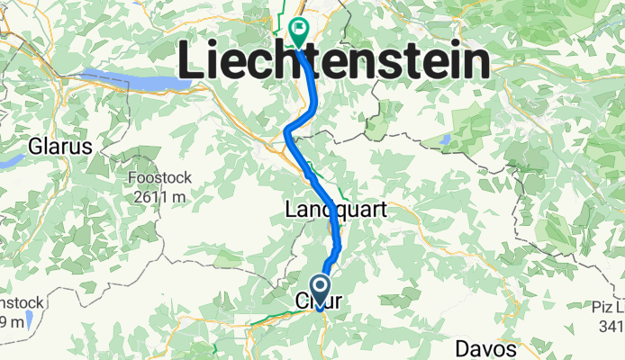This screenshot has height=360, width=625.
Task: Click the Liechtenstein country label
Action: click(334, 61)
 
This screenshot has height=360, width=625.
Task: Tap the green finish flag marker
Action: click(297, 32)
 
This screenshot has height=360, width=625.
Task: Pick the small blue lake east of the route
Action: click(445, 139)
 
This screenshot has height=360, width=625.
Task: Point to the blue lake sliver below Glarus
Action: click(11, 161)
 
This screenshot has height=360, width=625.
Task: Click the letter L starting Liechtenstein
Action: click(192, 61)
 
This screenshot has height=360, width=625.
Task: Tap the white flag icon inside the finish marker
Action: click(297, 28)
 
